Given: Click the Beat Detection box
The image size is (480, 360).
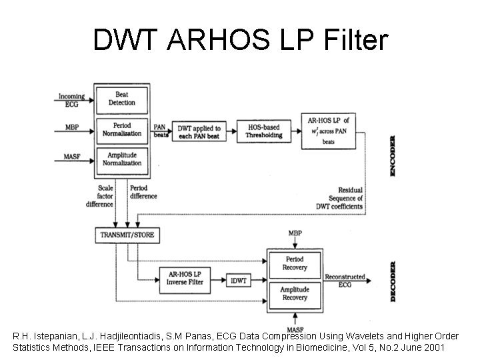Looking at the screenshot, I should coord(122,99).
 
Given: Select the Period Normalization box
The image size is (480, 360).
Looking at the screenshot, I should coord(122,129).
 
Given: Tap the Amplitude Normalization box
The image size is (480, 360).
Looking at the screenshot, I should coord(122,159).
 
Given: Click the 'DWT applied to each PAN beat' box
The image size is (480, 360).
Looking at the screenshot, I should coord(199,131).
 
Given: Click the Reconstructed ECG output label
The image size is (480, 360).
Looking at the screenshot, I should coord(345,280).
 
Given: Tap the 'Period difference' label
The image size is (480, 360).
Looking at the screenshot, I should coord(143,192).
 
